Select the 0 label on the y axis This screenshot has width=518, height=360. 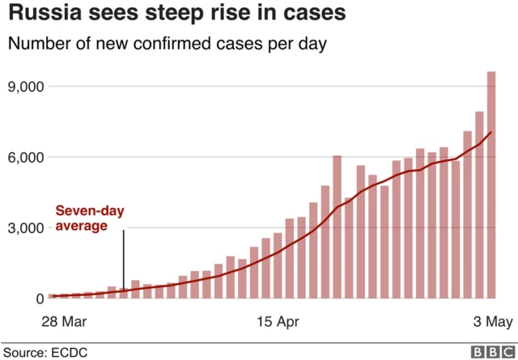click(38, 299)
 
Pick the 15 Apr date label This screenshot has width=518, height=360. click(277, 322)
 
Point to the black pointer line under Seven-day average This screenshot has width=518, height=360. click(123, 259)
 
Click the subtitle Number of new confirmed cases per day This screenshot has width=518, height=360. click(168, 44)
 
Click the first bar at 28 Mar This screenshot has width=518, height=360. click(53, 296)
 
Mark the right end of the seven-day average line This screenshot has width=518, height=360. click(490, 133)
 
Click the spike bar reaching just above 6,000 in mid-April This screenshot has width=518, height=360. click(337, 227)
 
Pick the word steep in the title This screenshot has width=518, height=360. click(178, 14)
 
